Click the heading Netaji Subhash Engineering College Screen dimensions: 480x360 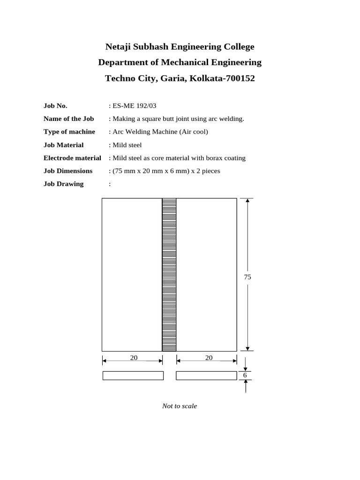[180, 47]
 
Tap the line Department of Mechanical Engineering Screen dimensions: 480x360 [180, 62]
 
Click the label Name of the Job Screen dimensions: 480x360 [69, 119]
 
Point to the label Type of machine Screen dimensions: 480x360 [69, 132]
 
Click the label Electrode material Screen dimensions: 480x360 [72, 158]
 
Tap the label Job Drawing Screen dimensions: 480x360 [64, 184]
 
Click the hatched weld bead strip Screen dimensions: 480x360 [169, 274]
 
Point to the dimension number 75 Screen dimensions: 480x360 [247, 277]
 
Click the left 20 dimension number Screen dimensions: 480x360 [134, 358]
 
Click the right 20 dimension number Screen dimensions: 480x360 [209, 358]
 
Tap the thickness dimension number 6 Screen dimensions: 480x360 [245, 375]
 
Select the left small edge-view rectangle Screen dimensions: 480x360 [133, 375]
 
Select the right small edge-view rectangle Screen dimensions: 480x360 [206, 375]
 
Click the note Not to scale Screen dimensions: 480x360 [180, 406]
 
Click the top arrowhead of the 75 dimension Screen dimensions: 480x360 [247, 201]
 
